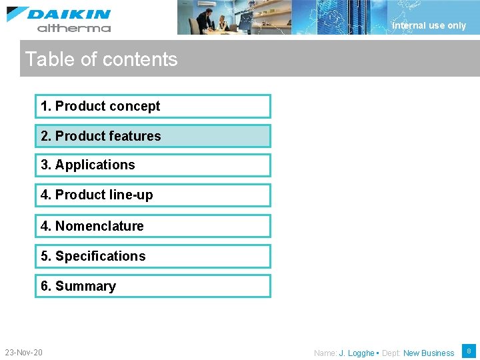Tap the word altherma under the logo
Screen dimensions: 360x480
point(74,28)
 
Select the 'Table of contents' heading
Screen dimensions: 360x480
point(101,59)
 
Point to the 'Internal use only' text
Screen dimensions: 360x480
point(429,25)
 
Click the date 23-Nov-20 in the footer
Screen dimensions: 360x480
point(23,352)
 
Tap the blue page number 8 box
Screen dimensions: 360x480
point(469,351)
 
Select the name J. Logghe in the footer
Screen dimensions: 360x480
point(356,353)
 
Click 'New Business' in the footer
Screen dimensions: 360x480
point(428,353)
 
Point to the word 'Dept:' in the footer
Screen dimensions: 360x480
point(391,353)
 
